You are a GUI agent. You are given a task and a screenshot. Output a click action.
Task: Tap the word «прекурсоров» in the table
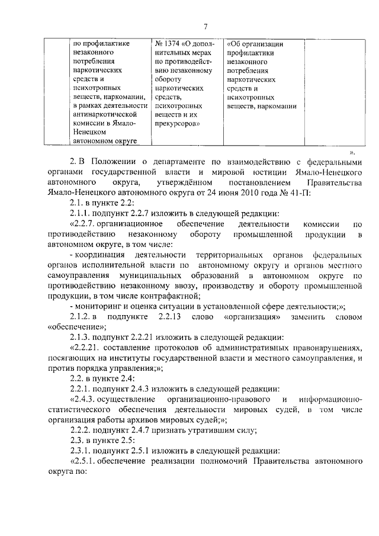click(x=177, y=123)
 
